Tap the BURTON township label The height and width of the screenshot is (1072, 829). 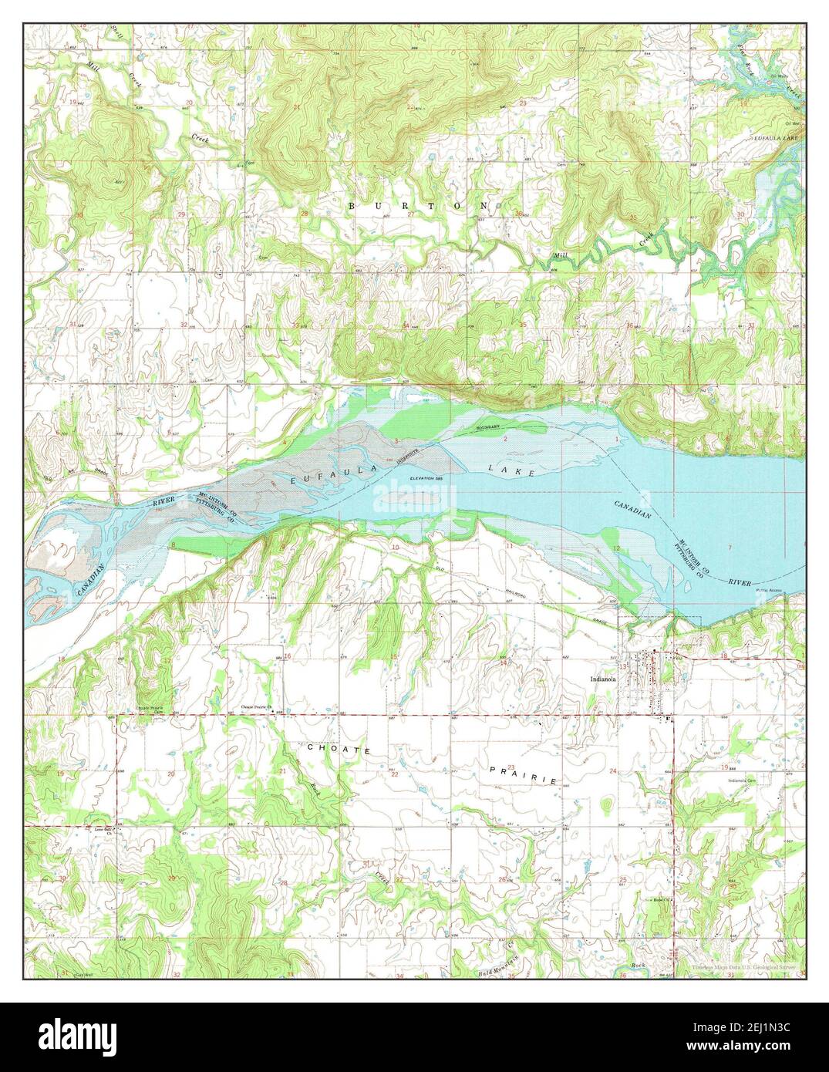pos(418,206)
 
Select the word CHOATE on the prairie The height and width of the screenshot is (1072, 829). pos(329,750)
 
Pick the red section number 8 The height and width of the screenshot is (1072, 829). pos(173,545)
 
